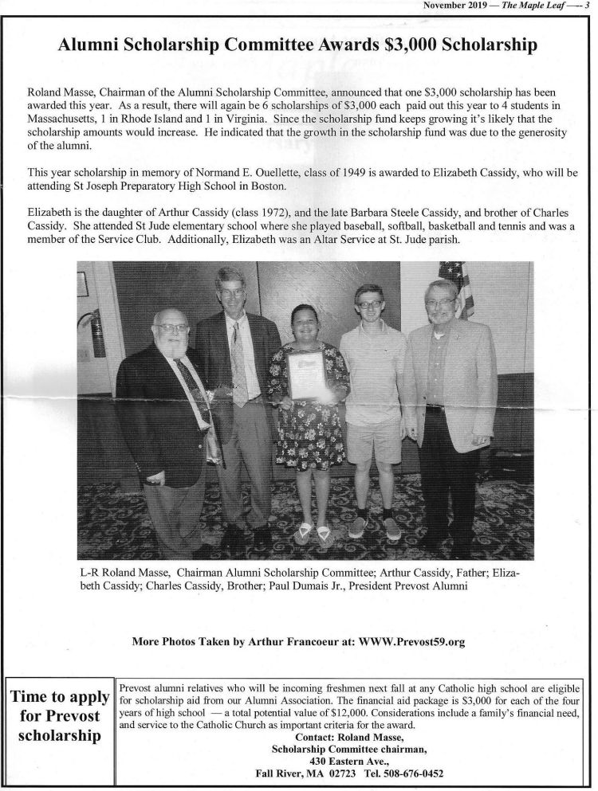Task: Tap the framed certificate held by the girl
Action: pyautogui.click(x=305, y=374)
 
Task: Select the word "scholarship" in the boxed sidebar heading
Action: pyautogui.click(x=59, y=734)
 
